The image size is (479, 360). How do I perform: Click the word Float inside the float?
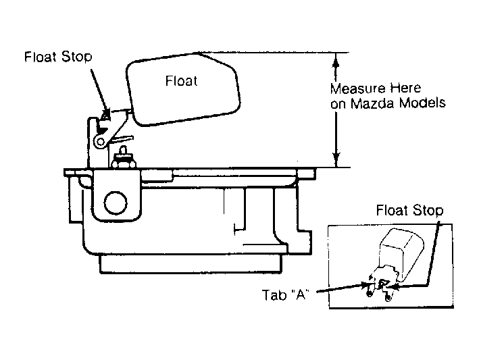(181, 81)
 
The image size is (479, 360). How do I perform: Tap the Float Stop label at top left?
(58, 57)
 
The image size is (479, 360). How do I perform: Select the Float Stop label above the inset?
(409, 210)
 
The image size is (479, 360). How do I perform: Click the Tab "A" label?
(285, 295)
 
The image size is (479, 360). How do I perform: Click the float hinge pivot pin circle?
(100, 142)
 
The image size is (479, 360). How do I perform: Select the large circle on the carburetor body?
(116, 203)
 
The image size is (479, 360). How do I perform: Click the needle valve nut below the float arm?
(123, 161)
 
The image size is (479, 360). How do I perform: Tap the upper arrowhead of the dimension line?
(336, 61)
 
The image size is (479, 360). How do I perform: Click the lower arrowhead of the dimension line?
(336, 159)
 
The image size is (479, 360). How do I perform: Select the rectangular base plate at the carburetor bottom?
(191, 263)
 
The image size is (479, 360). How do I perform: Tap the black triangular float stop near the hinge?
(102, 130)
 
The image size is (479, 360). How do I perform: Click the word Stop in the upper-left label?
(76, 57)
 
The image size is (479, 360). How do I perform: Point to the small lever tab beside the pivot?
(121, 140)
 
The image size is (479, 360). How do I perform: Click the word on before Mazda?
(338, 105)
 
